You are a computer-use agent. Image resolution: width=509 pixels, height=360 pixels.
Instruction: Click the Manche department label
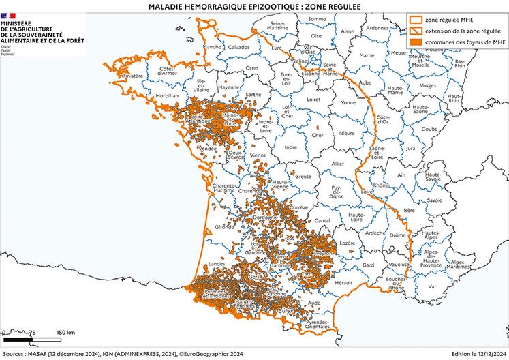pos(212,47)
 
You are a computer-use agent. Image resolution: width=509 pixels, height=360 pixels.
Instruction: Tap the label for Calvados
pos(239,47)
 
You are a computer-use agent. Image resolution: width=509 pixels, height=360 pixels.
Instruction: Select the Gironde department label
pos(224,226)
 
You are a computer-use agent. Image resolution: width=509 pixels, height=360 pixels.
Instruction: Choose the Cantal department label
pos(322,220)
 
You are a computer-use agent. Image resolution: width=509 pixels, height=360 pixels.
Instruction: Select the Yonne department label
pos(348,103)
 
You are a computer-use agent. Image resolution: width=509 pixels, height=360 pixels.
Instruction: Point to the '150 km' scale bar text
pos(65,331)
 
